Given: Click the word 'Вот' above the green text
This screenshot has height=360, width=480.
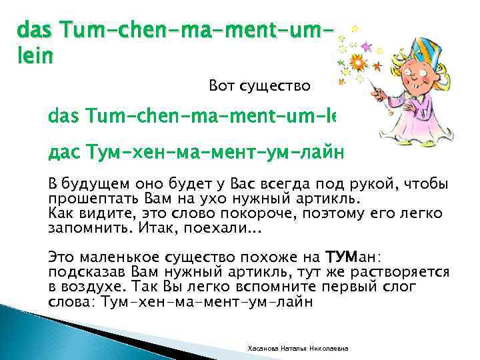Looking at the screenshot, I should pos(221,86).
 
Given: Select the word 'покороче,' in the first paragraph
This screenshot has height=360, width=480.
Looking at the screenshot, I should pos(281,213).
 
